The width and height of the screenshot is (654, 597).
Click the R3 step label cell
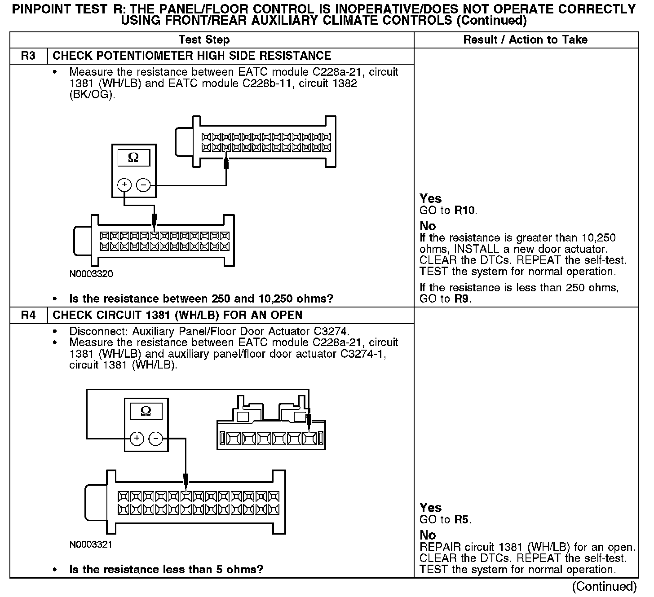(28, 56)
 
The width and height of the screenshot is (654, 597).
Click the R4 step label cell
(28, 315)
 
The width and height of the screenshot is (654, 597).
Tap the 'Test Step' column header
(204, 40)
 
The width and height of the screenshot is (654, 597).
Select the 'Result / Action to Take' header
(525, 40)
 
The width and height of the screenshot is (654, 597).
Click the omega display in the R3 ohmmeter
(133, 158)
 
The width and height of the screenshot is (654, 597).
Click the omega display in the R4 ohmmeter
(146, 411)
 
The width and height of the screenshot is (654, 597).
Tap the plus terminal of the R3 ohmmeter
(124, 184)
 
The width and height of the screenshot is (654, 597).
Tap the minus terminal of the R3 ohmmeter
(143, 184)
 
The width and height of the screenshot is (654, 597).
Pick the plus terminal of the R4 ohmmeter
(137, 439)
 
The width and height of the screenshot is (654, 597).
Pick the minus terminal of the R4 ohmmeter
(155, 439)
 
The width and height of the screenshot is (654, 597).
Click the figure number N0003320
(91, 274)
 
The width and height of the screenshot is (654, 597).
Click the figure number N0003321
(91, 544)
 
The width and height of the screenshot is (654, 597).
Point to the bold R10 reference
(464, 210)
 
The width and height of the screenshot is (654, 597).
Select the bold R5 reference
(461, 520)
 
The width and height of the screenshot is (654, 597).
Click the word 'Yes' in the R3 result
(430, 198)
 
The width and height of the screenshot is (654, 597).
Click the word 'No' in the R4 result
(428, 535)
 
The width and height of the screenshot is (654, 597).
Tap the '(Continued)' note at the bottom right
(604, 586)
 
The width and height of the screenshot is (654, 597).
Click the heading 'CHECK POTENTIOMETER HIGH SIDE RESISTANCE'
(192, 56)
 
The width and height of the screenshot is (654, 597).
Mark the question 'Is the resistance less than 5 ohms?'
(166, 570)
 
